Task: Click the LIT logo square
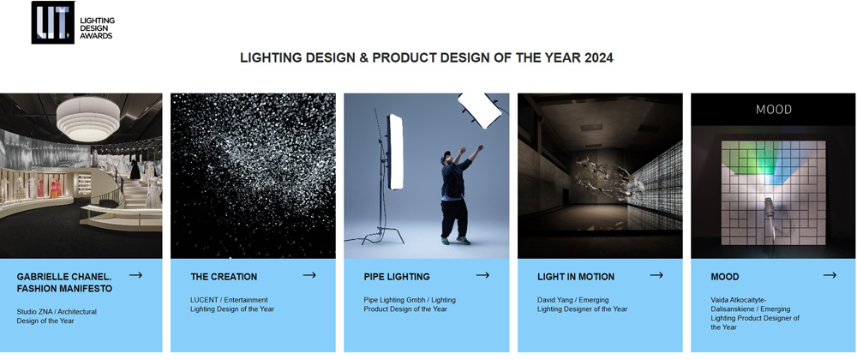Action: pos(52,22)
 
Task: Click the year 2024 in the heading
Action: pos(598,58)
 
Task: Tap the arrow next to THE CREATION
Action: pos(309,275)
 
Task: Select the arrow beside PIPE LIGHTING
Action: pos(482,275)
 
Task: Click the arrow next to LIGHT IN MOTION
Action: pos(656,275)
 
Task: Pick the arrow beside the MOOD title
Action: pos(830,275)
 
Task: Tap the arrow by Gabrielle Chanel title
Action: pos(136,275)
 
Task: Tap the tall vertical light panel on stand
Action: pos(395,152)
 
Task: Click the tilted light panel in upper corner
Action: pos(479,108)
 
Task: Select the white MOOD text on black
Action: pos(773,109)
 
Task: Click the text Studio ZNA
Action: pos(34,311)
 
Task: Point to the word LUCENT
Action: pos(204,300)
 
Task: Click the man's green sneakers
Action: pos(455,240)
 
